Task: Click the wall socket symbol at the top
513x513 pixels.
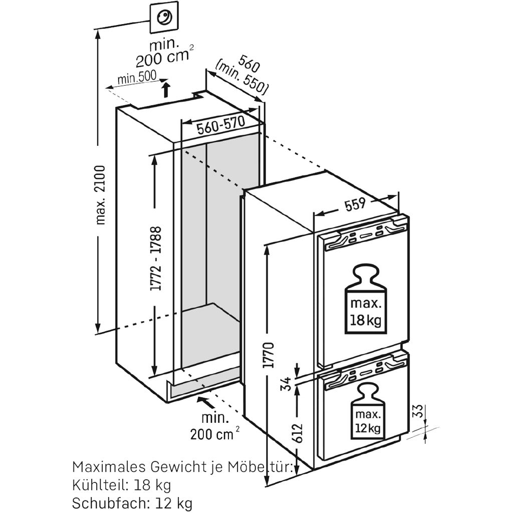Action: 163,17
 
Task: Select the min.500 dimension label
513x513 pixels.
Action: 137,78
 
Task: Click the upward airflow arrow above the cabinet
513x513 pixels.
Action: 166,91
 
